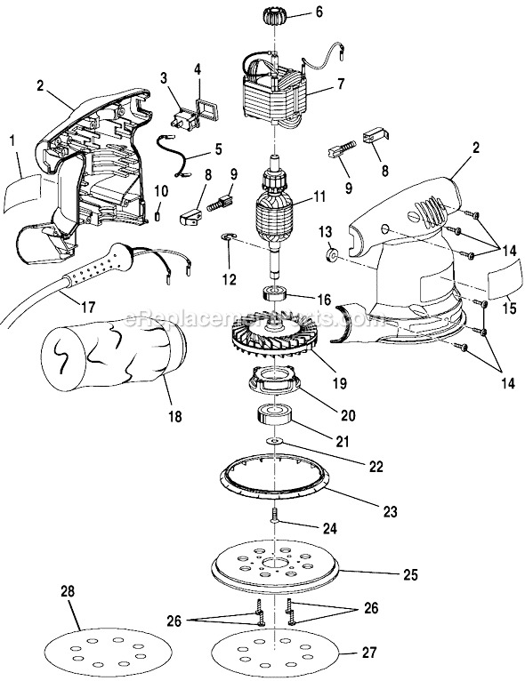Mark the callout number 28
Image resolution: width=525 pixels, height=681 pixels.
pyautogui.click(x=68, y=593)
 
